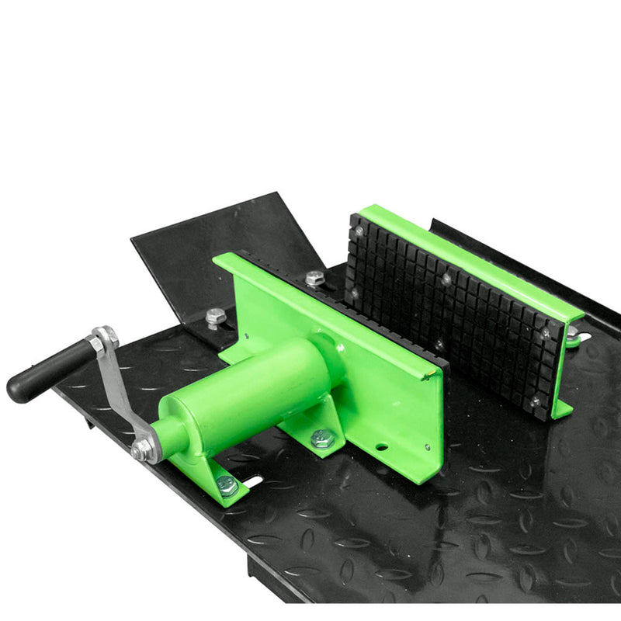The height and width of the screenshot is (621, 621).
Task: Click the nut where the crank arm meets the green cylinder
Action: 143,449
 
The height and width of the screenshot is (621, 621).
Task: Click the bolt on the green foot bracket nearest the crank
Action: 226,485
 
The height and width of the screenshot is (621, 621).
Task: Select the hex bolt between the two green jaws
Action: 314,278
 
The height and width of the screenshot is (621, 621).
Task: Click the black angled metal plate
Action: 210,248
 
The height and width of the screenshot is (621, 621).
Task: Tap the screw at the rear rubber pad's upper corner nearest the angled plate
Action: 359,231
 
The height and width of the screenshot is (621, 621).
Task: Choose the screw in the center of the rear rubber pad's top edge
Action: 446,276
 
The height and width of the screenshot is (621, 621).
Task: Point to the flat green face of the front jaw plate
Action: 388,388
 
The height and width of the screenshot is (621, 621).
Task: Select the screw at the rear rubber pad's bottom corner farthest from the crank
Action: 535,401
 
